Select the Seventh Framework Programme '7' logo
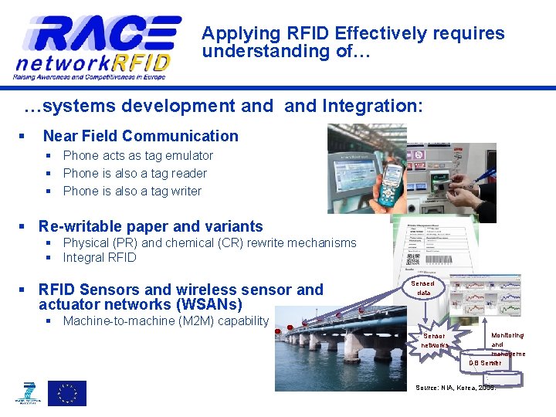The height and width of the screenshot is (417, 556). [29, 393]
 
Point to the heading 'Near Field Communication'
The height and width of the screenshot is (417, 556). [141, 137]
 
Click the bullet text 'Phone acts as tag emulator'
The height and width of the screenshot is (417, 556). [137, 156]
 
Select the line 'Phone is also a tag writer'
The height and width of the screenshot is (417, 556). [132, 192]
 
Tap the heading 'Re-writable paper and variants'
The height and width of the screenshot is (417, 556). [151, 227]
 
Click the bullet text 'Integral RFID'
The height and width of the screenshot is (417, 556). [99, 258]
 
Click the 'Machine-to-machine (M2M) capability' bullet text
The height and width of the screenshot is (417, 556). [165, 321]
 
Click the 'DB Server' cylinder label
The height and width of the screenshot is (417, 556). [485, 363]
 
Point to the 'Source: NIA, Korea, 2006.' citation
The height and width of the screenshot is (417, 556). [456, 387]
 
